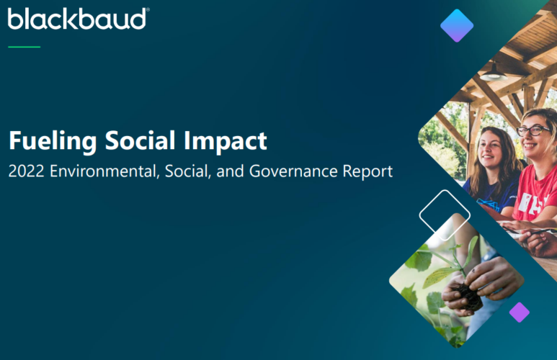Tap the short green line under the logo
pos(24,47)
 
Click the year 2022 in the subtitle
pos(27,172)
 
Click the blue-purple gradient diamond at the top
pos(457,25)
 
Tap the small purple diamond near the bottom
pos(519,312)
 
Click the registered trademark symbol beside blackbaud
pos(147,11)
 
